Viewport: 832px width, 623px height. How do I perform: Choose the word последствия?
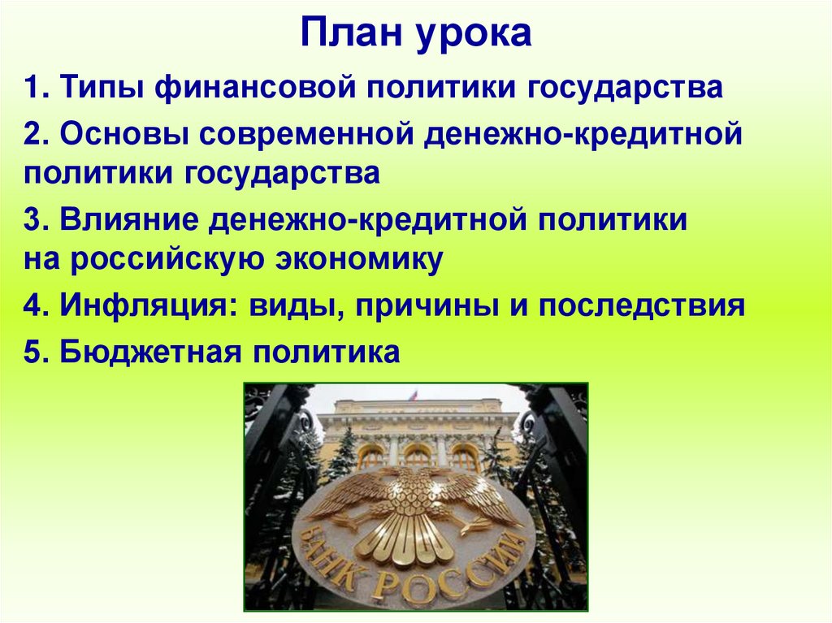[642, 307]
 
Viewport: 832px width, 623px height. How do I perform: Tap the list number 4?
[32, 307]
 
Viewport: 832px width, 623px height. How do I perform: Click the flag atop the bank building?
[413, 395]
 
